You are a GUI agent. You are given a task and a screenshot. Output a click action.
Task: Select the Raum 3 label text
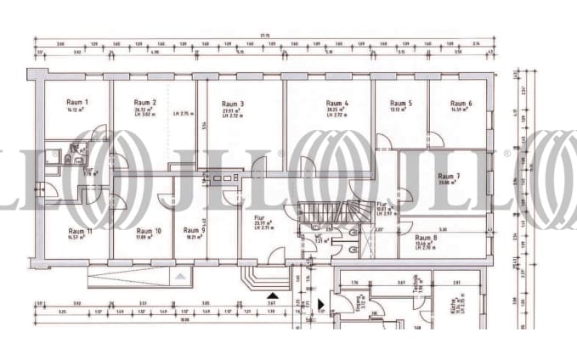click(x=234, y=104)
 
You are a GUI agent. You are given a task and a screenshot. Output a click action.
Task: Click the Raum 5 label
click(x=401, y=103)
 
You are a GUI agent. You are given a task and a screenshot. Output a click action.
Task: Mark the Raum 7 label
click(x=450, y=176)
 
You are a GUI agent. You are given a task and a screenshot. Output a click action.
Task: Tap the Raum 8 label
click(x=426, y=238)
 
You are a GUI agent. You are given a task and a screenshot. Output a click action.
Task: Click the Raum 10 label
click(x=149, y=231)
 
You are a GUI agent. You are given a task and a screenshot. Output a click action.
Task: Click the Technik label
click(x=416, y=283)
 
